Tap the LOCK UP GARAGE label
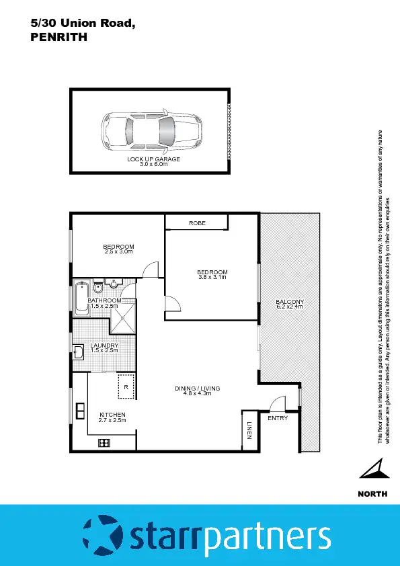pos(154,159)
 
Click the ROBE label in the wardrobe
pos(197,223)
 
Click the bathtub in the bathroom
pos(82,298)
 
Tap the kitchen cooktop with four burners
pos(104,442)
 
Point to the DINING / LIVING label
pos(198,389)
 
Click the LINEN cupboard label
pos(249,431)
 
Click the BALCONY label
pos(290,302)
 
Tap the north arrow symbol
pos(372,470)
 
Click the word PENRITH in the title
pos(59,38)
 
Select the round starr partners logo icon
pos(102,536)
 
